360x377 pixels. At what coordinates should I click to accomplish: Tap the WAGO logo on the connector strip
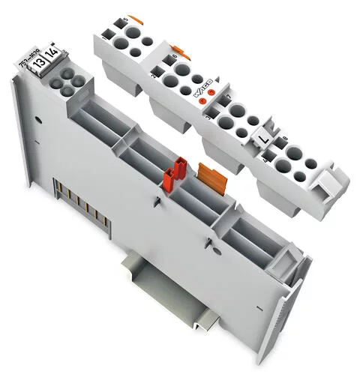[x=202, y=92]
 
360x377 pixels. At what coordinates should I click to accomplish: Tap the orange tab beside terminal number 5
[x=135, y=18]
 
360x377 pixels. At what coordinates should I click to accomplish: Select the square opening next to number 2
[x=160, y=73]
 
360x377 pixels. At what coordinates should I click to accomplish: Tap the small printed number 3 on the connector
[x=209, y=118]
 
